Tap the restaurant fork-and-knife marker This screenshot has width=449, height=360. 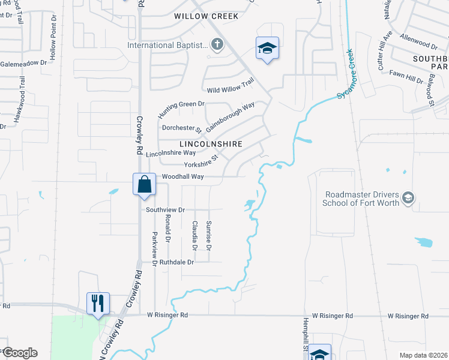pyautogui.click(x=98, y=302)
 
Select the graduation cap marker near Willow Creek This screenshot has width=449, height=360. pyautogui.click(x=267, y=49)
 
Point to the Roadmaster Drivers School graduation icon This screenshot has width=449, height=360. pyautogui.click(x=408, y=198)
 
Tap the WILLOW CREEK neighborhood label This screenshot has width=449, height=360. pyautogui.click(x=206, y=16)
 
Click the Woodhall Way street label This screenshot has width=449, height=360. pyautogui.click(x=183, y=176)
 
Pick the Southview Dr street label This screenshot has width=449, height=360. pyautogui.click(x=164, y=209)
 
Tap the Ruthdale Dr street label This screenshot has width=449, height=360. pyautogui.click(x=175, y=262)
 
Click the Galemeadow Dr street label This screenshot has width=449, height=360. pyautogui.click(x=23, y=63)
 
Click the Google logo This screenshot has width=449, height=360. pyautogui.click(x=19, y=353)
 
